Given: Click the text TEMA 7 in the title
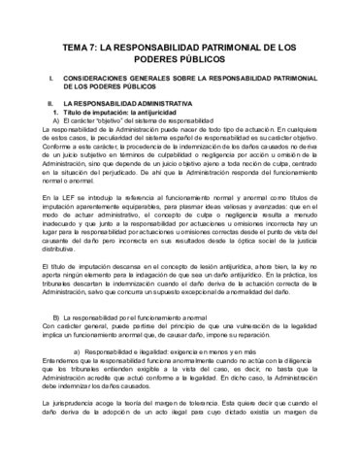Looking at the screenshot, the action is click(x=80, y=45).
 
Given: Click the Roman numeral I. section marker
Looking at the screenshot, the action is click(x=36, y=74).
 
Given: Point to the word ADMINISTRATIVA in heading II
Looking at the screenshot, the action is click(x=162, y=100).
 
